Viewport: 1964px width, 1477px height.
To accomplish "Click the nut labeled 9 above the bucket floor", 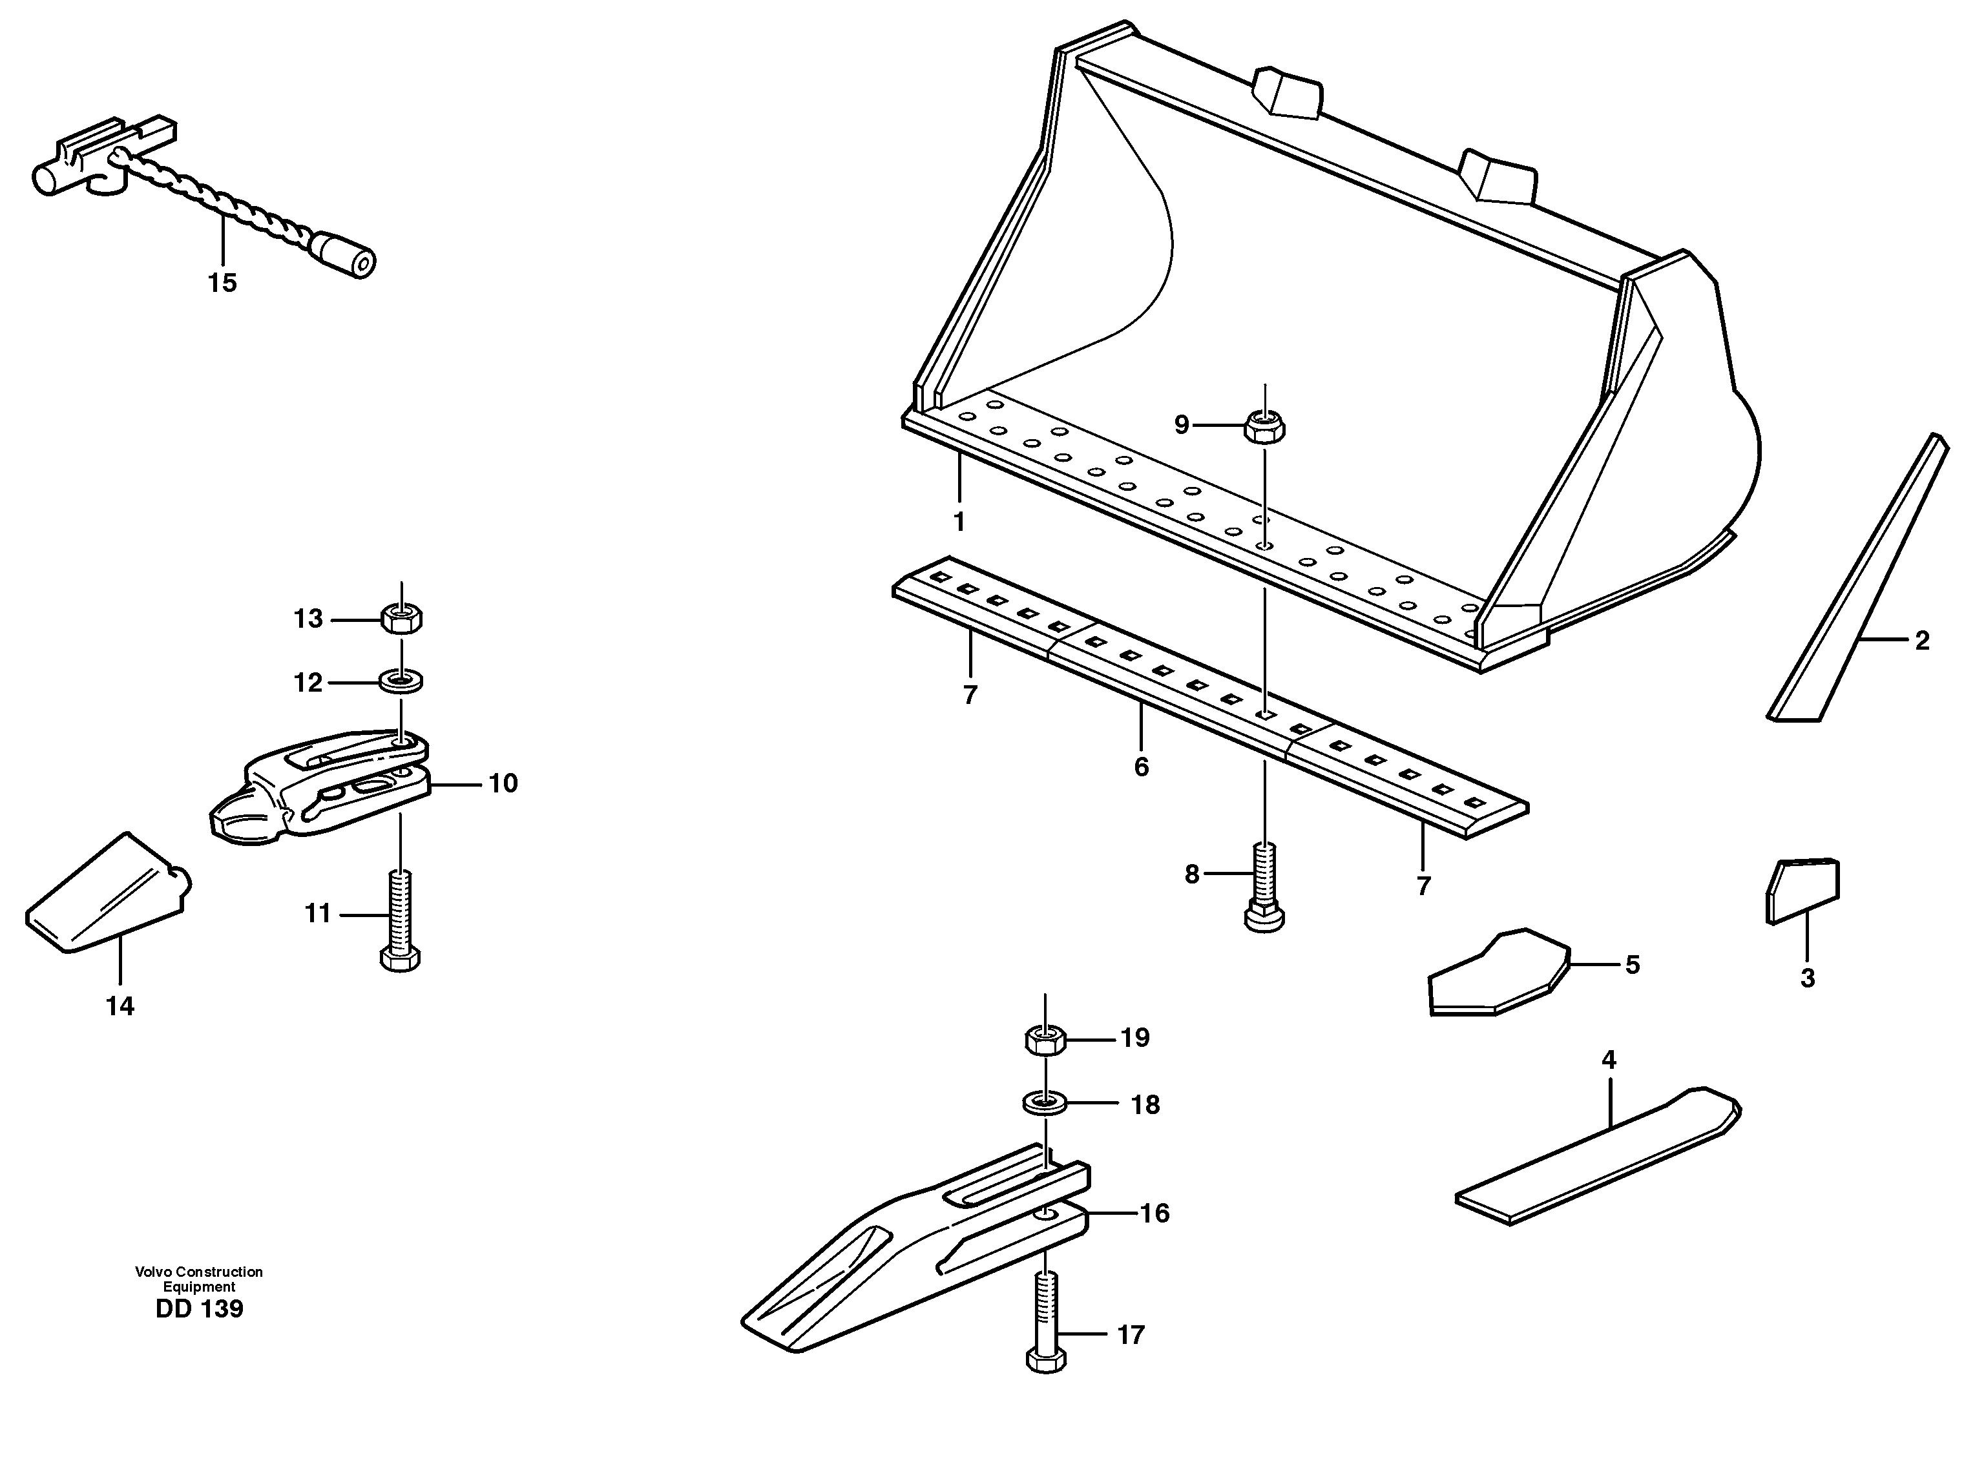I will (x=1264, y=427).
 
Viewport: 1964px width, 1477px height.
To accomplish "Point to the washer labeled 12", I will (x=401, y=682).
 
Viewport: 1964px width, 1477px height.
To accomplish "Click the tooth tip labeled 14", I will (x=107, y=896).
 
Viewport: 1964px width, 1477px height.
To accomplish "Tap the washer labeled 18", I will (x=1045, y=1104).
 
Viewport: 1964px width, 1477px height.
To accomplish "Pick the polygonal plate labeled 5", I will (x=1497, y=975).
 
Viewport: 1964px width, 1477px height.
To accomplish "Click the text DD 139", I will (x=199, y=1309).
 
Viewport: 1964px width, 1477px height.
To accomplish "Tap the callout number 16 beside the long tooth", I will (x=1154, y=1214).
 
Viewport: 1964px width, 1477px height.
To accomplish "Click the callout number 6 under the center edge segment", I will (x=1141, y=767).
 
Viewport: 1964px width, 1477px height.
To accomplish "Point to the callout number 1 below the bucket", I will (x=959, y=522).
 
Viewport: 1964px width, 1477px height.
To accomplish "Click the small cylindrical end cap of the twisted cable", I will (x=349, y=258).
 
